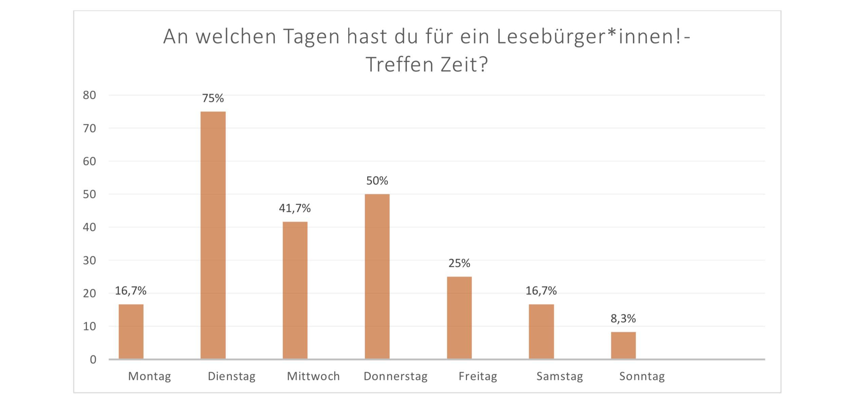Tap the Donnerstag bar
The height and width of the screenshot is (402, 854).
pos(377,276)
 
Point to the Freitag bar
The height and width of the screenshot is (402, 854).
pos(459,317)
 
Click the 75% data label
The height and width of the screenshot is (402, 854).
pos(213,98)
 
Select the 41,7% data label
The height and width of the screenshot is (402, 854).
pos(295,208)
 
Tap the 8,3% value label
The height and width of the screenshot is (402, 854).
pos(623,318)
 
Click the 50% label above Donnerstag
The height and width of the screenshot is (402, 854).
pos(377,181)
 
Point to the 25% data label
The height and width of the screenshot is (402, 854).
pos(459,263)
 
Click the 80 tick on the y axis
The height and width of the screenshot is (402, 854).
pos(89,95)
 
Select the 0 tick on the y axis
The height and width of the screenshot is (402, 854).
pos(93,360)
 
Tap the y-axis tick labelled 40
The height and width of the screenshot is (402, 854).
pos(89,227)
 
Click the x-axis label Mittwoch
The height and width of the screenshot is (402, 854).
pos(313,376)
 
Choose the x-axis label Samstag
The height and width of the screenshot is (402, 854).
pos(560,376)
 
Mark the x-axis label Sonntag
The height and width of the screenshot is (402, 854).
pos(642,376)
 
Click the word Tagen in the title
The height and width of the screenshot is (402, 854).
pos(311,37)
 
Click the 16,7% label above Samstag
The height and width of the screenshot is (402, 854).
pos(541,291)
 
